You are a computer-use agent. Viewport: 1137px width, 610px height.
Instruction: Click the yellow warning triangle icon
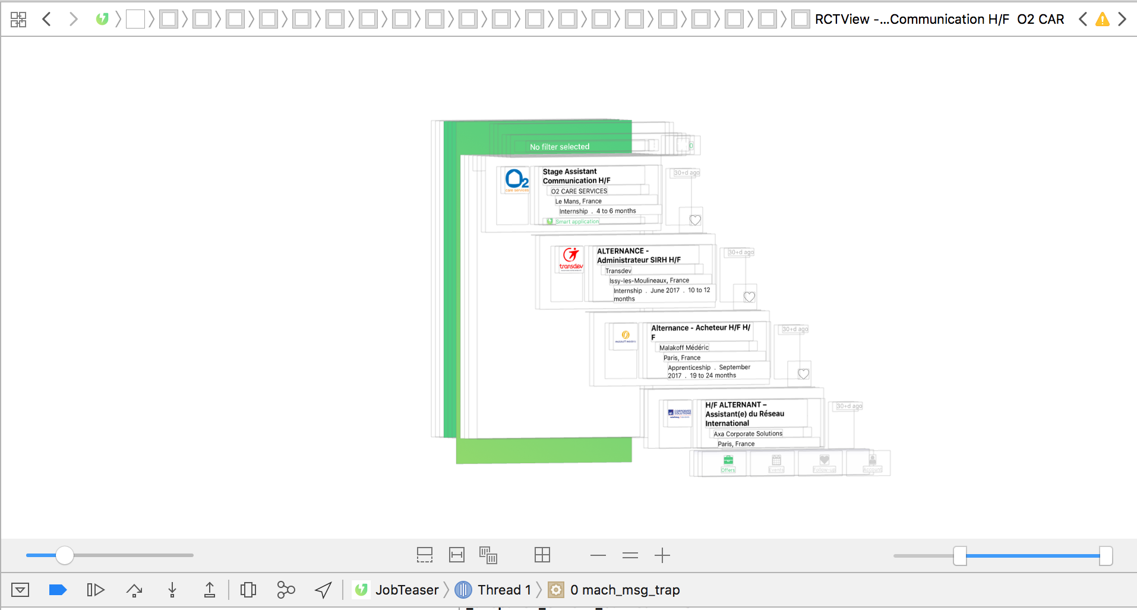point(1103,20)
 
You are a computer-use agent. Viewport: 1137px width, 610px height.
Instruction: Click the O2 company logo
point(516,180)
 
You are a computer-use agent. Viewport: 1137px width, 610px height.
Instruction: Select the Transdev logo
point(571,259)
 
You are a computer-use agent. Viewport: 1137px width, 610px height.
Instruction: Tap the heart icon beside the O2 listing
point(695,220)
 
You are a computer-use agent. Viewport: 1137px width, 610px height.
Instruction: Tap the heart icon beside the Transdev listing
point(749,297)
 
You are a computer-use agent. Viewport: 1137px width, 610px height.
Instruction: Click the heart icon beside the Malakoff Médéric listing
point(803,374)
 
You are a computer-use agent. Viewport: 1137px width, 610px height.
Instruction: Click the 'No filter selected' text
point(560,147)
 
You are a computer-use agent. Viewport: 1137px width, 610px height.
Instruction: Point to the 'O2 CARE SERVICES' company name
point(579,191)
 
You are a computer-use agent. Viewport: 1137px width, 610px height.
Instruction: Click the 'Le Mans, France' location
point(578,202)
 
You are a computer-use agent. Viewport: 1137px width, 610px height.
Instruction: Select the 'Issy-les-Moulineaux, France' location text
point(649,281)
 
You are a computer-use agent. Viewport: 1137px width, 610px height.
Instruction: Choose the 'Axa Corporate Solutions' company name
point(747,434)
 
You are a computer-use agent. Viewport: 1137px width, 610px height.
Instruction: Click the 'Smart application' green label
point(577,222)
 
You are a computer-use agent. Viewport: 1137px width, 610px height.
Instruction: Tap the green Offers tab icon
point(728,461)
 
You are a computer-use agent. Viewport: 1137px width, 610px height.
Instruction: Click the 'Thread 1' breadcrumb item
point(504,590)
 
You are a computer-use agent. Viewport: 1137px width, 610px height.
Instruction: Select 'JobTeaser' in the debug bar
point(406,590)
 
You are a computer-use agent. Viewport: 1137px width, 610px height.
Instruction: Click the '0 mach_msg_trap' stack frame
point(624,590)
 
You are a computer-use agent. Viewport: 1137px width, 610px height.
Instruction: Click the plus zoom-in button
point(662,555)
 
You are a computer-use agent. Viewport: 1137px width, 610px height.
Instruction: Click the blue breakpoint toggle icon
point(58,590)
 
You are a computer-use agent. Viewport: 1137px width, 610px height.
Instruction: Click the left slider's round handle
point(65,555)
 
